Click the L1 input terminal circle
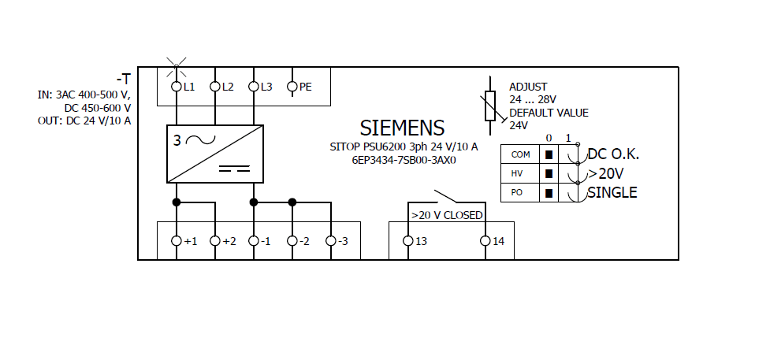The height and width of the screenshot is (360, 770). [176, 86]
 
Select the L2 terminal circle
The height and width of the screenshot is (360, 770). [214, 86]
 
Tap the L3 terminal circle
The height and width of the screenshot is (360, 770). [254, 86]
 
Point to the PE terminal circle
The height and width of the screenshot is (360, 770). [292, 86]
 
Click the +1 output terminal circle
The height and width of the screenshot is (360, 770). [176, 241]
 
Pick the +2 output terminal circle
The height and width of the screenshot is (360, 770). [214, 241]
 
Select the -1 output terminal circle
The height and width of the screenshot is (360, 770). [254, 241]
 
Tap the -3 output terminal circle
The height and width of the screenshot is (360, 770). [331, 241]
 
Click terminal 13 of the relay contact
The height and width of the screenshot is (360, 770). [407, 241]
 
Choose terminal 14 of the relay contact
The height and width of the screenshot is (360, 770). [485, 241]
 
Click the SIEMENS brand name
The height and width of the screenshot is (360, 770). [402, 128]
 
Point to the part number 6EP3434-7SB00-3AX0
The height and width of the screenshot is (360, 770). [404, 159]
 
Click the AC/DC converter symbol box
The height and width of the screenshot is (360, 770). [214, 154]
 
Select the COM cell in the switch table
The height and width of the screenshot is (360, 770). [520, 154]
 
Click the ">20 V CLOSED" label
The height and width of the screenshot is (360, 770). [447, 215]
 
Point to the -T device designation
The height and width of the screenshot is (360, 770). [123, 79]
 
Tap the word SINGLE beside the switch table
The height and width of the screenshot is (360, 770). [612, 193]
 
